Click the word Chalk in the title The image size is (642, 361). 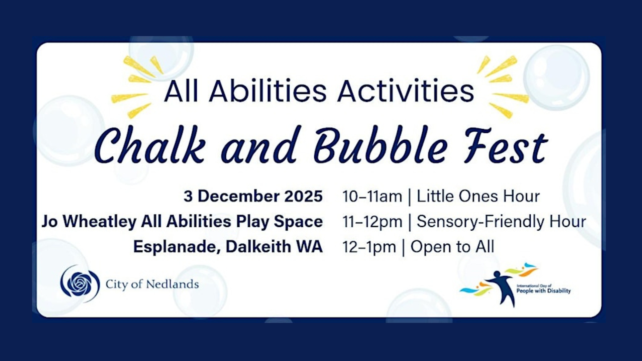point(150,146)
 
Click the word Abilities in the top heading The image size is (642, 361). point(267,91)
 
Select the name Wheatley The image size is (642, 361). point(100,222)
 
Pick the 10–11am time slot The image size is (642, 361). point(372,196)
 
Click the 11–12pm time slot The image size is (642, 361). point(372,222)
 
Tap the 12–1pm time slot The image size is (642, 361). point(369,247)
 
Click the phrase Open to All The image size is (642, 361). point(452,247)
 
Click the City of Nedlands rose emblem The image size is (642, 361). point(80,283)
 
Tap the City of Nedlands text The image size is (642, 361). point(152,284)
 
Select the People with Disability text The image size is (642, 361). point(543,291)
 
